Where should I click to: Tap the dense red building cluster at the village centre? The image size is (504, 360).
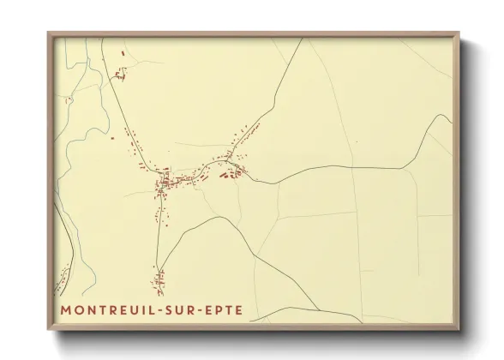pyautogui.click(x=165, y=182)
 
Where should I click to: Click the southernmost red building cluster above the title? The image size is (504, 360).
pyautogui.click(x=159, y=278)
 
